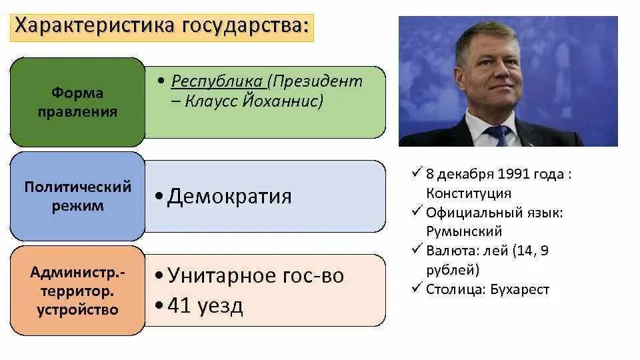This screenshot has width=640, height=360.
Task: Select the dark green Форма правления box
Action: pyautogui.click(x=77, y=102)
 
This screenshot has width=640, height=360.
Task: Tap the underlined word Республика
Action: pyautogui.click(x=217, y=81)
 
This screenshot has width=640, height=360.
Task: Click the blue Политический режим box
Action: pyautogui.click(x=77, y=196)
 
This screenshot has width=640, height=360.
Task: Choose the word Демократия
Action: pyautogui.click(x=229, y=197)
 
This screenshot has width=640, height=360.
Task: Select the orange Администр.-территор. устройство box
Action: pyautogui.click(x=77, y=291)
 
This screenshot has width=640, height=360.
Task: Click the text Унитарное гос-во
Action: pyautogui.click(x=255, y=275)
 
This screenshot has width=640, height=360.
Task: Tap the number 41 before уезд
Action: pyautogui.click(x=179, y=306)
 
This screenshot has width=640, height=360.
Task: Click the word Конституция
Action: pyautogui.click(x=469, y=193)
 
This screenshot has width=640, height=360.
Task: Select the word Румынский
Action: pyautogui.click(x=465, y=231)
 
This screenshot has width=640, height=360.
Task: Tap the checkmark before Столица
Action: pyautogui.click(x=417, y=288)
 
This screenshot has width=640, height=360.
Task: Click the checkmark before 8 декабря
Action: pyautogui.click(x=417, y=173)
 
